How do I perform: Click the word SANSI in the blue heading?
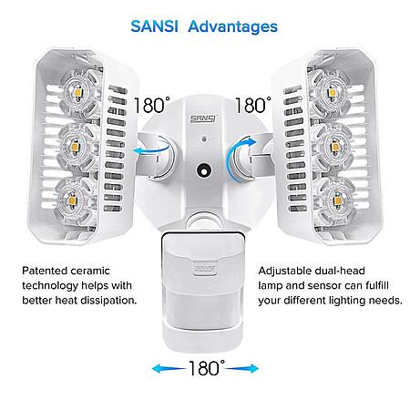(154, 26)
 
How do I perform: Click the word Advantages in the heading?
(233, 27)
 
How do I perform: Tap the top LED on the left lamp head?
(78, 93)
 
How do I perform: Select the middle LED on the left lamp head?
(75, 148)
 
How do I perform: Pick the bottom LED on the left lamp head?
(72, 200)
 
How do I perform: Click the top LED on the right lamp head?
(331, 92)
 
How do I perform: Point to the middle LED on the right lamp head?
(334, 147)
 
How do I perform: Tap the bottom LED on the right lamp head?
(338, 200)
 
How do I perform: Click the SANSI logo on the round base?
(203, 118)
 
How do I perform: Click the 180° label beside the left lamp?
(152, 105)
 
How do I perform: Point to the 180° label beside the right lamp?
(253, 105)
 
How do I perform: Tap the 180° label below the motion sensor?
(207, 368)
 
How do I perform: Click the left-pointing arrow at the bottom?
(169, 369)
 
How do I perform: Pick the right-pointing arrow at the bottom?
(242, 369)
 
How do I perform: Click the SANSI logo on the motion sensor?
(206, 269)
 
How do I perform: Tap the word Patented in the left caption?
(45, 271)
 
